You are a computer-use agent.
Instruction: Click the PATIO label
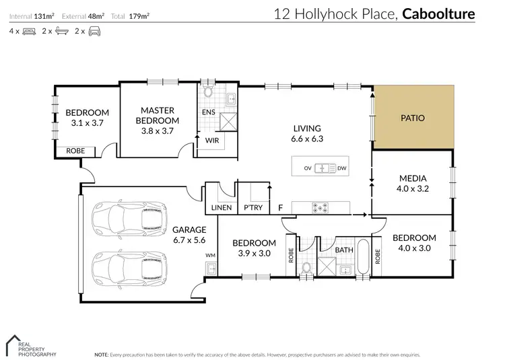coord(413,117)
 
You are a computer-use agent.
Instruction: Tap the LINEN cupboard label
coord(222,208)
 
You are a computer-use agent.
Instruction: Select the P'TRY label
coord(253,208)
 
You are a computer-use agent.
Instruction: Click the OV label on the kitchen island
coord(308,168)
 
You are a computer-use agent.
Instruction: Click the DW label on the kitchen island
coord(341,168)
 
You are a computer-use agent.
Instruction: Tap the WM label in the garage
coord(209,256)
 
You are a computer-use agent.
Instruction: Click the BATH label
coord(344,250)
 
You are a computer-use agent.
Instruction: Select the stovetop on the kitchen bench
coord(320,208)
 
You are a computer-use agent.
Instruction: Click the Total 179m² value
coord(139,14)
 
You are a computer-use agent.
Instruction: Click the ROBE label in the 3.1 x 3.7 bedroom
coord(75,151)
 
